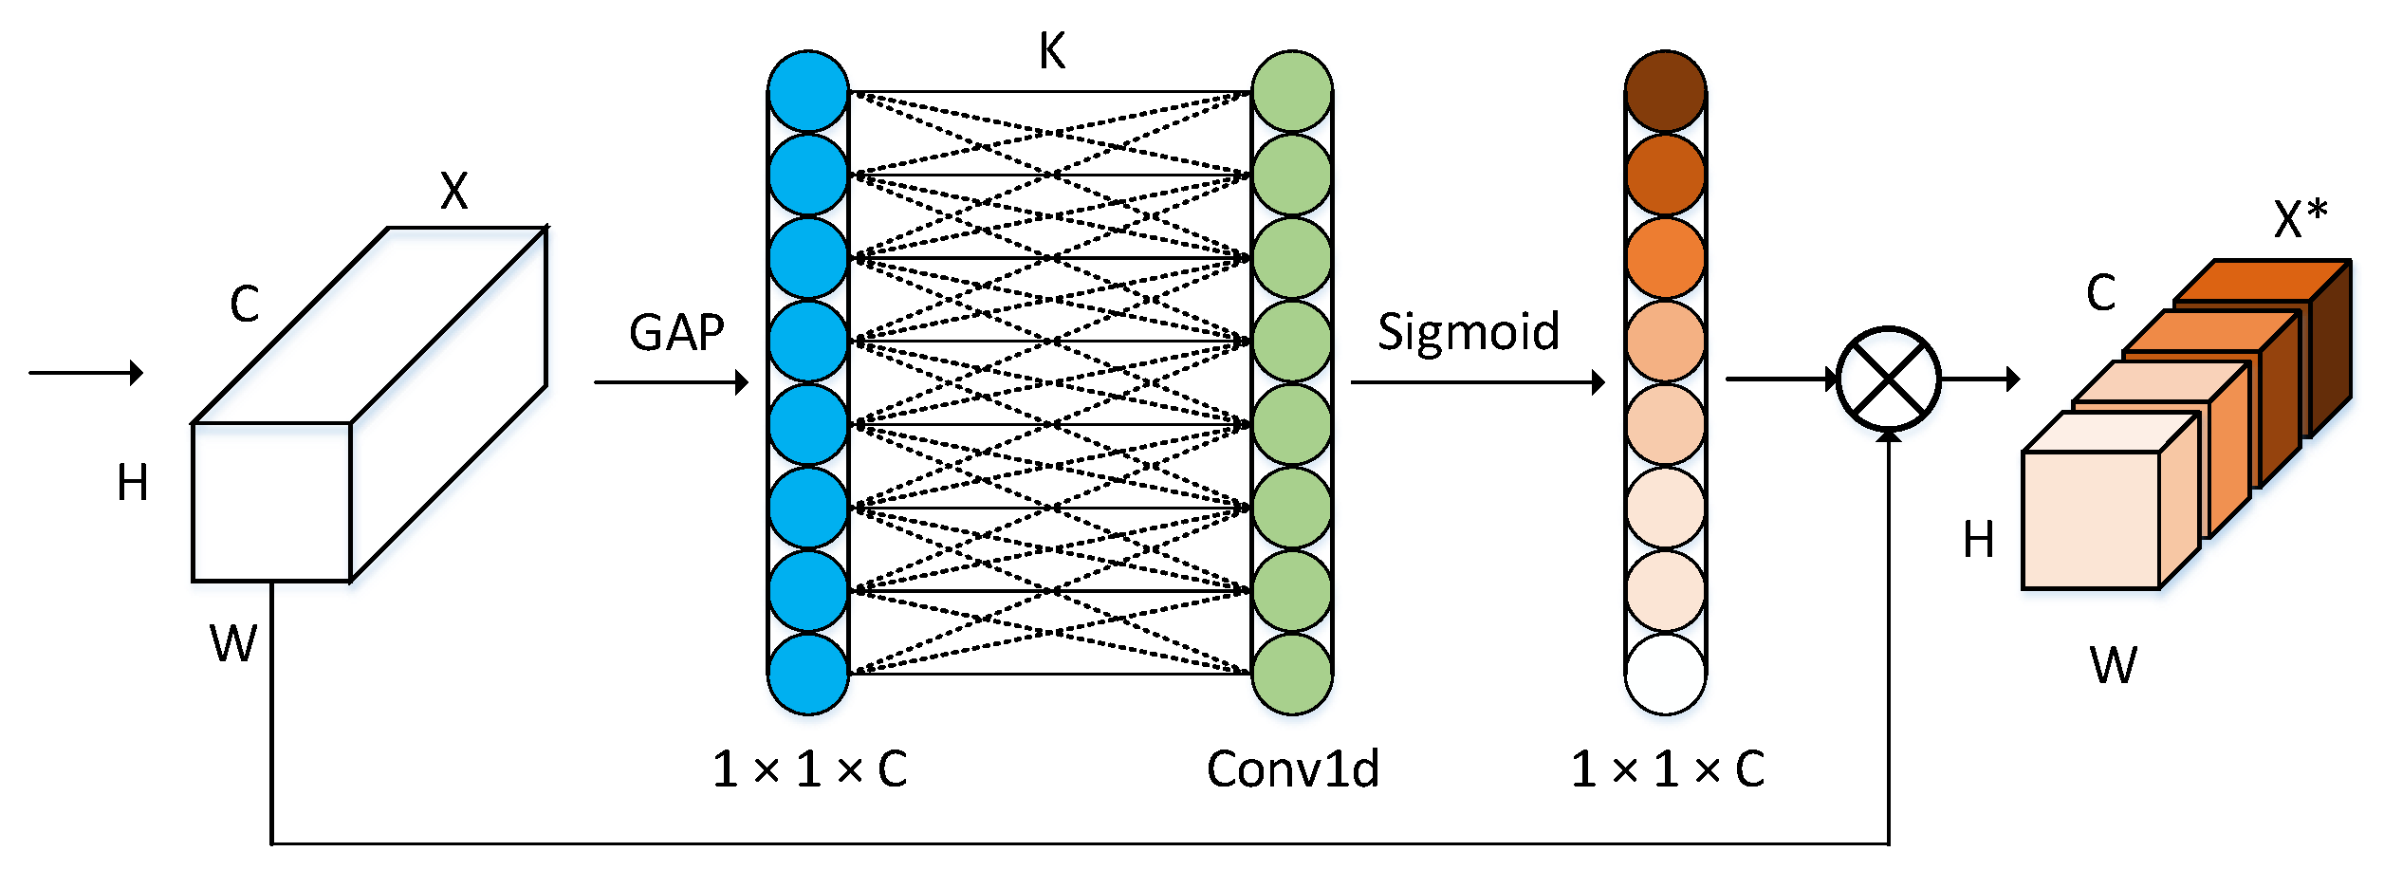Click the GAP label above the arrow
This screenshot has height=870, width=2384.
click(676, 333)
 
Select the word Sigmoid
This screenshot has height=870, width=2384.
click(1468, 332)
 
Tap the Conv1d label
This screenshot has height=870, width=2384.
click(1292, 769)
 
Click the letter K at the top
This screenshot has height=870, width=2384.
click(1052, 51)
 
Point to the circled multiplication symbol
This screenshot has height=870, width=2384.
click(1888, 379)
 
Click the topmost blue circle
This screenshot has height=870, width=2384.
click(807, 91)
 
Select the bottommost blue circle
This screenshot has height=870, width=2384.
click(807, 674)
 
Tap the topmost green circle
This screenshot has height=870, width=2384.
click(1291, 91)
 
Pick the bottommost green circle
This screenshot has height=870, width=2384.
click(1291, 674)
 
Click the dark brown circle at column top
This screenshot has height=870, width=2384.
click(1665, 91)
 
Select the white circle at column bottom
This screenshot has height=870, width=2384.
click(1665, 674)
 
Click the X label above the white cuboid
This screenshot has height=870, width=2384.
click(453, 192)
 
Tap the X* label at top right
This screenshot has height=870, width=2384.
click(2301, 219)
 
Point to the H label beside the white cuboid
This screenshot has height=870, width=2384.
click(133, 483)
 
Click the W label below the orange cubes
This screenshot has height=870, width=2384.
click(2114, 665)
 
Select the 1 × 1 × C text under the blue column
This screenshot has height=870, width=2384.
click(809, 769)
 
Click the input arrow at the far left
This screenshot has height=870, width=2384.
click(85, 372)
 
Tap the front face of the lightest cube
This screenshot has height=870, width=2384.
click(2091, 520)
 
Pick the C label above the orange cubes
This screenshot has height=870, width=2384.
click(2100, 293)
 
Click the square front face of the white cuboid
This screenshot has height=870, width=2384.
click(271, 502)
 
